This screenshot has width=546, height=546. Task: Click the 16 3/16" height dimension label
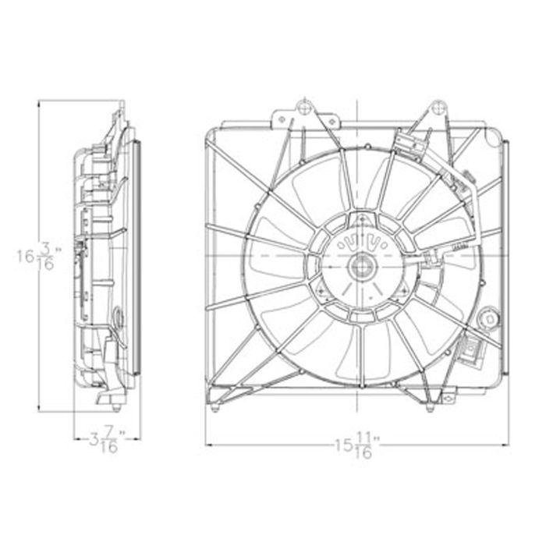tap(39, 257)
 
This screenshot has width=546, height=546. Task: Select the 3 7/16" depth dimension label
tap(108, 441)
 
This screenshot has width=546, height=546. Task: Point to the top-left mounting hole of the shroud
tap(304, 108)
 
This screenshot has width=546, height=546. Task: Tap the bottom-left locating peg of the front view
tap(215, 408)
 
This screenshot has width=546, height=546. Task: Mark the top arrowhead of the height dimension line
tap(39, 104)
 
